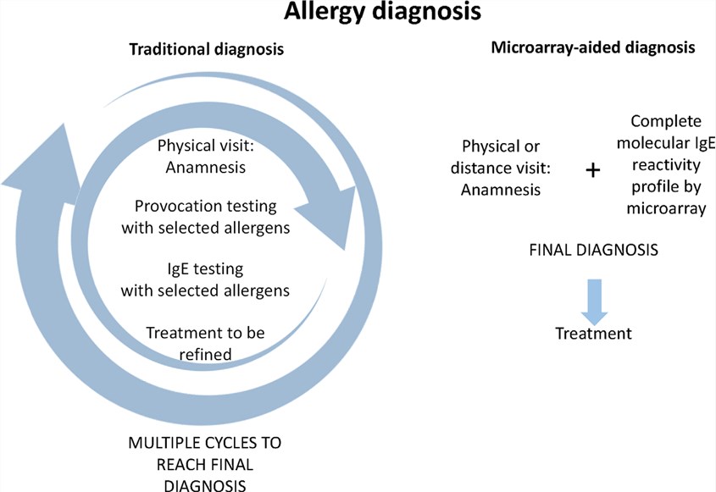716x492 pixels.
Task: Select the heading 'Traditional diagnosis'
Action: click(x=205, y=50)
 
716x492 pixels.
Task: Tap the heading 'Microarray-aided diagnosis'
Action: click(x=593, y=48)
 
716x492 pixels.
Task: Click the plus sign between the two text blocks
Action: click(x=593, y=170)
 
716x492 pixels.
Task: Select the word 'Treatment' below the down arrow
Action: click(x=593, y=334)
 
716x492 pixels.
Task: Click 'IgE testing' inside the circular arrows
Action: click(x=205, y=269)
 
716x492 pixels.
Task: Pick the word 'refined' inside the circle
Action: click(x=206, y=354)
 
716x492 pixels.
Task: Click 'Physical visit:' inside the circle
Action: click(x=205, y=146)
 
